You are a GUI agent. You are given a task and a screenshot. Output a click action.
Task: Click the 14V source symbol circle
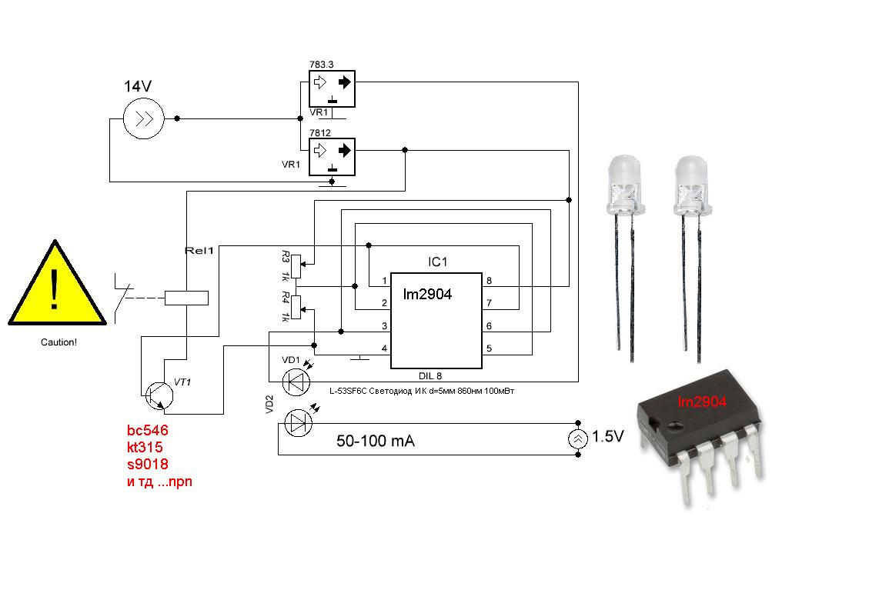143,118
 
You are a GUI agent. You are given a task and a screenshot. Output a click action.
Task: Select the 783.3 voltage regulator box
332,88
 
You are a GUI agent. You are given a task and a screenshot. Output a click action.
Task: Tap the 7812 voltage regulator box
332,157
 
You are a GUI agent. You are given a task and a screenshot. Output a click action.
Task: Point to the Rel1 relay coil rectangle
187,298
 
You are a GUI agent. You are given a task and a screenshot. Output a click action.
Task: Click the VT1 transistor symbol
159,395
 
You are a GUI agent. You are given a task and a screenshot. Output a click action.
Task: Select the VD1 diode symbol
296,382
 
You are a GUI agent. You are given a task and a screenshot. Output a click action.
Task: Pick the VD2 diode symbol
298,424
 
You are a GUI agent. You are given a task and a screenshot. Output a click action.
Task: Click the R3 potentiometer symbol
296,266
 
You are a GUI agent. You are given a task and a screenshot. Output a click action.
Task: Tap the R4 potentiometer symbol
296,307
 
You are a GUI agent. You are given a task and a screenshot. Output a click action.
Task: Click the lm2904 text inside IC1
427,294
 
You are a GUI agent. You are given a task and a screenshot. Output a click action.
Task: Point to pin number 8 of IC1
489,281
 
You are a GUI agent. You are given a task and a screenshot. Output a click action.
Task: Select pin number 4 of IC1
384,348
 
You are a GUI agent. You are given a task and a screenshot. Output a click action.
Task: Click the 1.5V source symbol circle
577,438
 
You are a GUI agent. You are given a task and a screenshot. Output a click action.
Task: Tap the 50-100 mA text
376,441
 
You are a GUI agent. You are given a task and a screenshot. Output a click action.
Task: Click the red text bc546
148,431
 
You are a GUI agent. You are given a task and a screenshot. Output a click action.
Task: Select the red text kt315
145,447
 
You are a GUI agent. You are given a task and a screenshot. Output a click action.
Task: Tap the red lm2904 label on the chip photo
702,402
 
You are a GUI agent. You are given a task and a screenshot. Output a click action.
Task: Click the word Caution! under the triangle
58,342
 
